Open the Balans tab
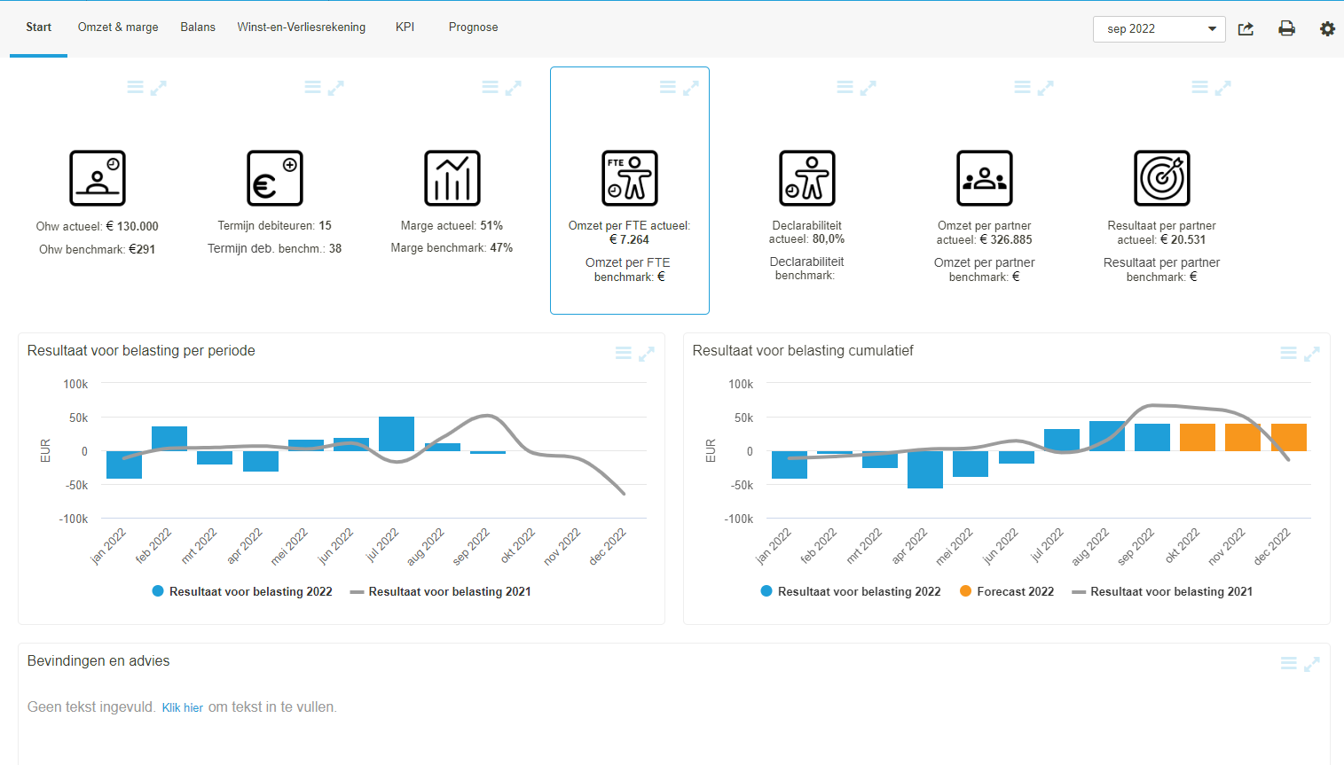coord(198,27)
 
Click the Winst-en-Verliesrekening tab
coord(301,27)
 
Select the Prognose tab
coord(473,27)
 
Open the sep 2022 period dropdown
coord(1159,29)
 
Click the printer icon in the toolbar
coord(1286,29)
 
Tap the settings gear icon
coord(1327,29)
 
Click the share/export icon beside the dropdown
coord(1246,29)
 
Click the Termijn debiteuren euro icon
coord(275,178)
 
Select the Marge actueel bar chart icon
coord(452,178)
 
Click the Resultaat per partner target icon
coord(1162,178)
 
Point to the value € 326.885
coord(1006,240)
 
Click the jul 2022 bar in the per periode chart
coord(397,433)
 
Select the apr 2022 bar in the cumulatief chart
coord(925,469)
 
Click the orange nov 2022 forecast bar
coord(1243,437)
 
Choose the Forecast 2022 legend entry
coord(1007,591)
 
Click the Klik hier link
coord(182,707)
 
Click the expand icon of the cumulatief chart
coord(1312,354)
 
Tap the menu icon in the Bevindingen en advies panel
coord(1289,664)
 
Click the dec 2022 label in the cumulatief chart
coord(1273,545)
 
